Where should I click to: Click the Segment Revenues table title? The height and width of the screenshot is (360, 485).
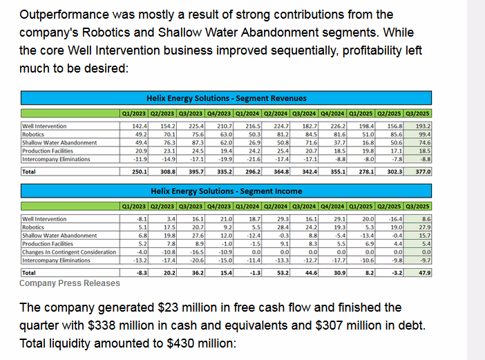227,98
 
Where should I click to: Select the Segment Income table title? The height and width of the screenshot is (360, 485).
227,191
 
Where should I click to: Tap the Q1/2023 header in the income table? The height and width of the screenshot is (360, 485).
134,206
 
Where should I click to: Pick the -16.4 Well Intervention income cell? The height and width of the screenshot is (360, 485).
392,219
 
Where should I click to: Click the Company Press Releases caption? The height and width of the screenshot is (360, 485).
69,283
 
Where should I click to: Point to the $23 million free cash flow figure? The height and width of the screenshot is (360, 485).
182,307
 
